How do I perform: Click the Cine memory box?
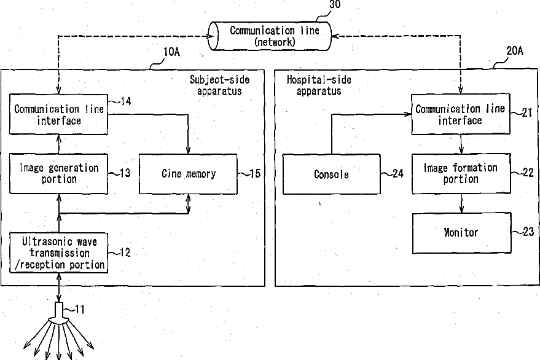pos(188,174)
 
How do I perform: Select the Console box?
pos(332,174)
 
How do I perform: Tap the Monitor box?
pos(461,233)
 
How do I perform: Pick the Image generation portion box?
pos(58,174)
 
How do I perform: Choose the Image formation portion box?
pos(461,173)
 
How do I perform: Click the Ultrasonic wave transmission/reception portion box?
pos(58,253)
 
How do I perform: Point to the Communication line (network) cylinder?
pos(270,36)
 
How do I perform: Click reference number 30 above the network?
pos(335,4)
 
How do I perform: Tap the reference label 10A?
pos(171,52)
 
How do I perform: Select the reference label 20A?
pos(515,51)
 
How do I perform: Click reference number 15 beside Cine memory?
pos(255,173)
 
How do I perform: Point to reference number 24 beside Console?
pos(397,173)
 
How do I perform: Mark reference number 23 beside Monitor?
pos(528,232)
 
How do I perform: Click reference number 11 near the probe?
pos(79,310)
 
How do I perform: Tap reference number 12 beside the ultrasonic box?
pos(125,252)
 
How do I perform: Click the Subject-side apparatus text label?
pos(220,85)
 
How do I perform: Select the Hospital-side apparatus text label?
pos(319,85)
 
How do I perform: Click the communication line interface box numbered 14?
pos(58,114)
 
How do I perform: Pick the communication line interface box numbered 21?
pos(461,114)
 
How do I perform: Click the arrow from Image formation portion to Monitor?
pos(461,203)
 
